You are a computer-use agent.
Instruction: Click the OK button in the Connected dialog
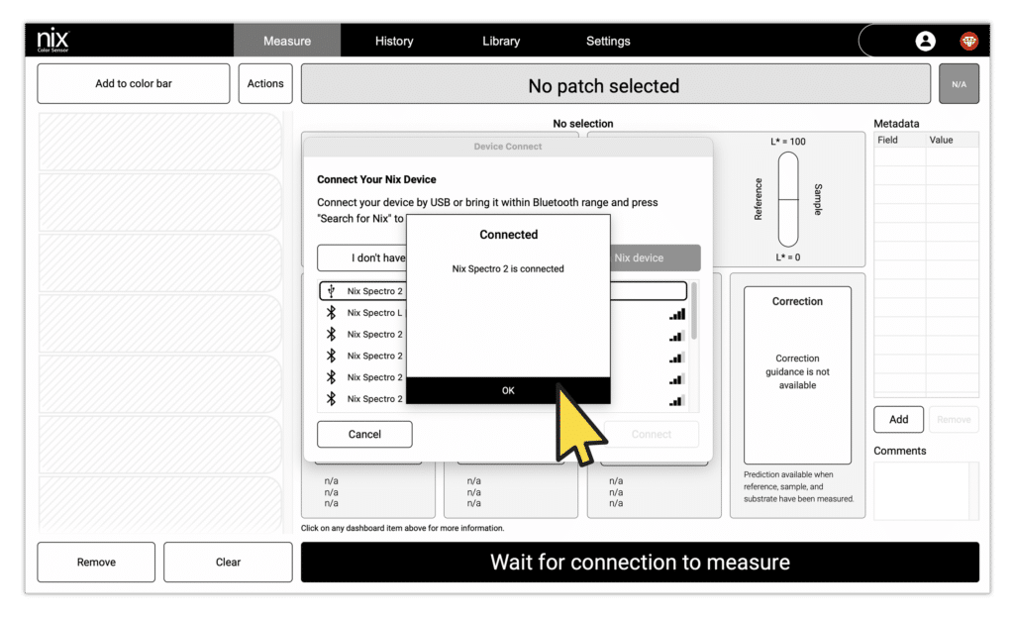click(508, 390)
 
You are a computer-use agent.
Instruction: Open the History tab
click(394, 41)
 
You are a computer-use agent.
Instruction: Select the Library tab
click(501, 41)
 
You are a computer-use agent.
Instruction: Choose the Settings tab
click(608, 41)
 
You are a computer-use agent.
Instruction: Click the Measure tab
click(287, 41)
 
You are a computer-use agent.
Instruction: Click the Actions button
click(265, 83)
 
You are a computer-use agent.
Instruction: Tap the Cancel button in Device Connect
click(364, 434)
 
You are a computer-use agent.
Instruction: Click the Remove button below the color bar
click(96, 562)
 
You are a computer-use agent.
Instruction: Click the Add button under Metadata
click(898, 419)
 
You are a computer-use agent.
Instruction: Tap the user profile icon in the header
click(926, 41)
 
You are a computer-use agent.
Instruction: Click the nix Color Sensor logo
click(53, 41)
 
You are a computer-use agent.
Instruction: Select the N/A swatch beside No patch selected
click(959, 84)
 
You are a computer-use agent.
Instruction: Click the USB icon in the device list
click(332, 291)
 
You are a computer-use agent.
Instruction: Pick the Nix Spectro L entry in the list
click(374, 313)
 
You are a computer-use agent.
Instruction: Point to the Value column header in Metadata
click(941, 140)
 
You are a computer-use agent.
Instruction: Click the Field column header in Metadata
click(888, 140)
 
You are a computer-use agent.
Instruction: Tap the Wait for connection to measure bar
click(640, 563)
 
